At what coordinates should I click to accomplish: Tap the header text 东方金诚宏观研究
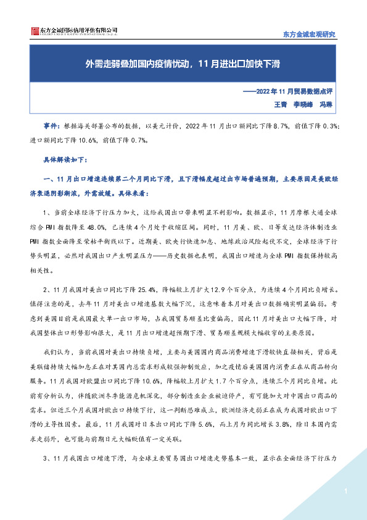pos(309,34)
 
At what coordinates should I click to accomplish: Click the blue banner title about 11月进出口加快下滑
pos(183,63)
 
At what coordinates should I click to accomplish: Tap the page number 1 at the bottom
pos(347,492)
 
